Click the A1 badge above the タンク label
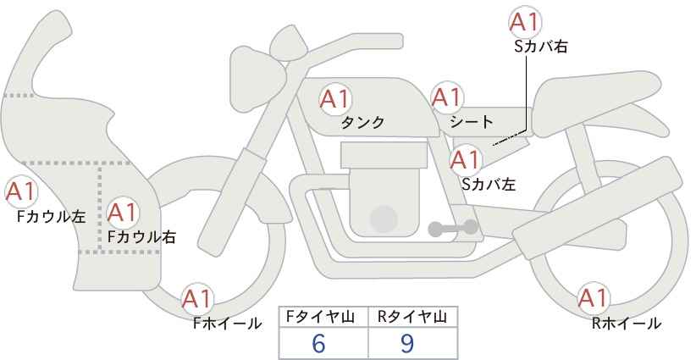[334, 98]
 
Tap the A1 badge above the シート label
[446, 97]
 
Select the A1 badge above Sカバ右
[525, 21]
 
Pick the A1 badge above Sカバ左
[465, 159]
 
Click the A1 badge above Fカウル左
[20, 192]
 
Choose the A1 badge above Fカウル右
[123, 213]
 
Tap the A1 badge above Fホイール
[197, 299]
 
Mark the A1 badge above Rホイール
[593, 298]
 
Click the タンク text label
[362, 123]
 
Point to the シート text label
[472, 122]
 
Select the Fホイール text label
[228, 324]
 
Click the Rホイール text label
[627, 324]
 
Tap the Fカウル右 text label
[142, 237]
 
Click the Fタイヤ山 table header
[320, 317]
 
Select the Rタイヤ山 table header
[412, 317]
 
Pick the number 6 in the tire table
[318, 343]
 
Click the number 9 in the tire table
[406, 343]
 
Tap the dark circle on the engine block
[384, 219]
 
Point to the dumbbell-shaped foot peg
[453, 228]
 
